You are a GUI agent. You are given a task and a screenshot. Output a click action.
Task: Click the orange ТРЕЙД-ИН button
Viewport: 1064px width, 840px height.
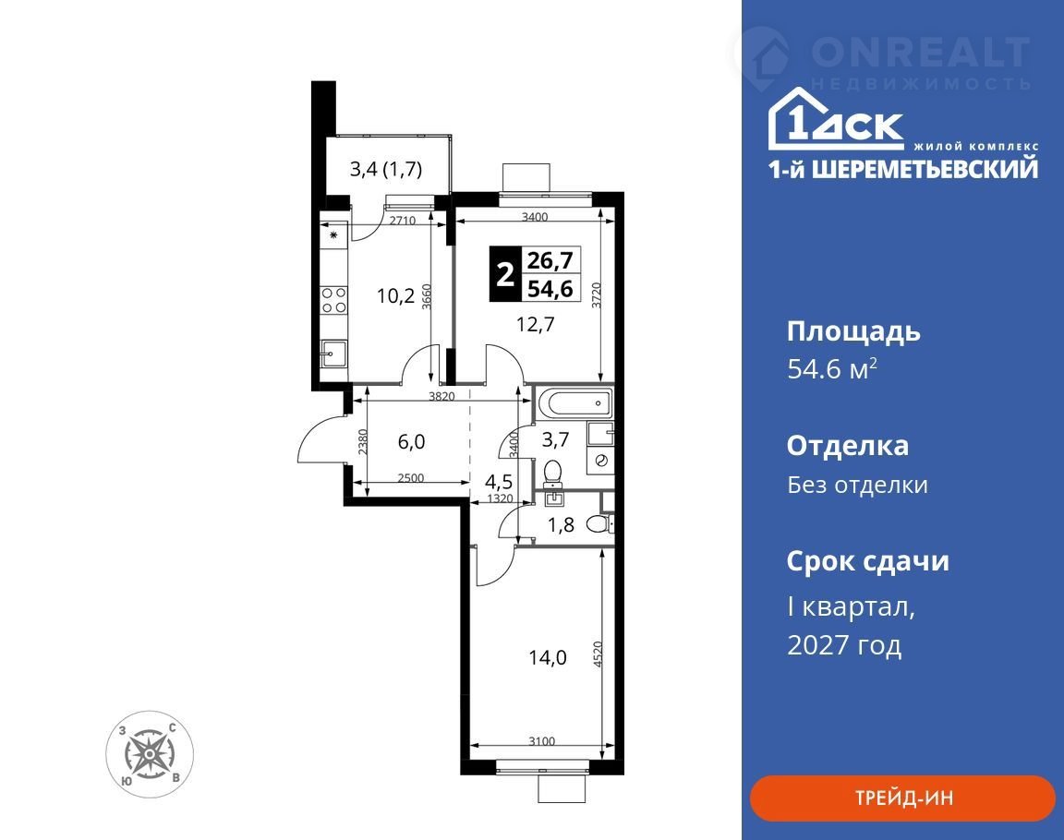click(x=901, y=798)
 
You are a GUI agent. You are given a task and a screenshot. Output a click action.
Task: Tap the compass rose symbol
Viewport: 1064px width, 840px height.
click(x=150, y=754)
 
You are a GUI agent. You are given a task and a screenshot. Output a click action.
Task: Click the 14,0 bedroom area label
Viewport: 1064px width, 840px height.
click(x=548, y=657)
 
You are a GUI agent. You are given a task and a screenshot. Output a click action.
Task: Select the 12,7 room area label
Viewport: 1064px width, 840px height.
click(x=536, y=324)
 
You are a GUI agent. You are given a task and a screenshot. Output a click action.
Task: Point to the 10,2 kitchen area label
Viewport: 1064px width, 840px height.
click(x=395, y=295)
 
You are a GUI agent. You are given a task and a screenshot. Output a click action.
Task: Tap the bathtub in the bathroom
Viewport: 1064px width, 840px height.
click(x=574, y=402)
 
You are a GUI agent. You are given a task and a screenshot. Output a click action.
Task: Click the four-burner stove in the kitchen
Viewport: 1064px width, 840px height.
click(x=333, y=300)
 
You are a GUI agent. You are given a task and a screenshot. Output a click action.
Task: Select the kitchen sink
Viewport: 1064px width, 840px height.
click(x=333, y=354)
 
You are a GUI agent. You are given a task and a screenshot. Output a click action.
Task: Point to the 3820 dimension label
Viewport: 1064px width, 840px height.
click(x=441, y=397)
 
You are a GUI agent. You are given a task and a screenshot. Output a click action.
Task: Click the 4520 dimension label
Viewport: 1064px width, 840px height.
click(x=598, y=654)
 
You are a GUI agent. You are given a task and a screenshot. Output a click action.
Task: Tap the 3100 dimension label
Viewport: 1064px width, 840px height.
click(x=542, y=741)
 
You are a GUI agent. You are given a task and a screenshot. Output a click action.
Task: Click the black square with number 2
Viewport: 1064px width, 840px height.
click(x=505, y=274)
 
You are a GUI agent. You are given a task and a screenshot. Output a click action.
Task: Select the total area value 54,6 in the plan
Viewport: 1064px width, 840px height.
click(x=550, y=289)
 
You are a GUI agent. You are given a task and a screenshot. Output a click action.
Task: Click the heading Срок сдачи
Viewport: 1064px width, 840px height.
click(x=868, y=561)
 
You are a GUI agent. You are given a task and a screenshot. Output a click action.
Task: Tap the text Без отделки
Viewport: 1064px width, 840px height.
click(x=858, y=485)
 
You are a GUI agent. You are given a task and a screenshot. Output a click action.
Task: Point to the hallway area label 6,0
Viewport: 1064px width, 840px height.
click(x=411, y=441)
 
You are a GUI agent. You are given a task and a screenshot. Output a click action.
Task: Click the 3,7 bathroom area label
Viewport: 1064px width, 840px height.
click(x=555, y=440)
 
